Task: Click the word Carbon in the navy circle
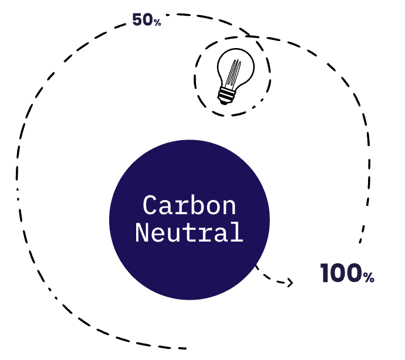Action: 189,206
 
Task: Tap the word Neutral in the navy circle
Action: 189,232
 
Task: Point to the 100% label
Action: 347,274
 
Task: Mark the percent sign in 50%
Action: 157,23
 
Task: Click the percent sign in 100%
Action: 369,277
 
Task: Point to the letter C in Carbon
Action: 151,206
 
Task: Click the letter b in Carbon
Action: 189,206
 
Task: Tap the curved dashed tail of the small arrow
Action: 267,276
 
